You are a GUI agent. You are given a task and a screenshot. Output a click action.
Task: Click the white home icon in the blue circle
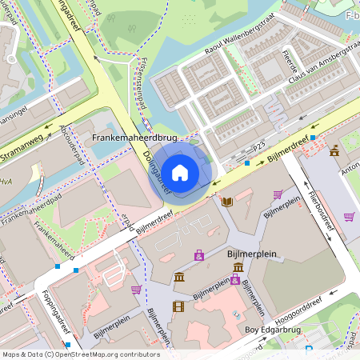[x=180, y=172]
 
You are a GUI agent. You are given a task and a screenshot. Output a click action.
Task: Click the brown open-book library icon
[x=227, y=201]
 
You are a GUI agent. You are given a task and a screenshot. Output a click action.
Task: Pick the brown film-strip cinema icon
[x=178, y=306]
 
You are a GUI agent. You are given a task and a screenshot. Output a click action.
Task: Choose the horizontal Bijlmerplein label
[x=251, y=254]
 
